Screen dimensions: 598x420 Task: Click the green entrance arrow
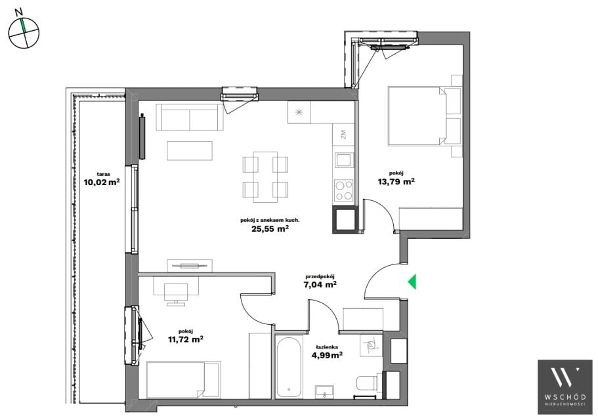point(413,282)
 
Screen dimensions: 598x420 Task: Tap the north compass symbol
point(24,33)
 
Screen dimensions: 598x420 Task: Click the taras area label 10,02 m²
point(102,182)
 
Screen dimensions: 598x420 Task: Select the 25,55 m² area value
point(270,228)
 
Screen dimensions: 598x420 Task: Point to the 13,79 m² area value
point(396,181)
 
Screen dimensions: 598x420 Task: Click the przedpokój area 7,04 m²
point(320,284)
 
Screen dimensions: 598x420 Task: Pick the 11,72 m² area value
point(185,339)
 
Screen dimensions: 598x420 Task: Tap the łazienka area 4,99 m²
point(327,355)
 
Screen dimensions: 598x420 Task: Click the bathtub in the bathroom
point(289,367)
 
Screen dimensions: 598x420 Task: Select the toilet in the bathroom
point(368,383)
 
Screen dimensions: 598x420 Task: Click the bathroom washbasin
point(324,392)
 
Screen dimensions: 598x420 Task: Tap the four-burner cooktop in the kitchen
point(343,190)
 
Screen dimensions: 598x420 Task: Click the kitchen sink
point(344,159)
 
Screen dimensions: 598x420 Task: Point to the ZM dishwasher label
point(343,135)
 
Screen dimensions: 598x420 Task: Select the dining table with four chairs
point(265,177)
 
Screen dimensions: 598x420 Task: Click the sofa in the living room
point(189,117)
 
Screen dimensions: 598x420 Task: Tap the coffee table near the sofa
point(190,150)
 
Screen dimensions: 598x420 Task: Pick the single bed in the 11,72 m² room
point(183,380)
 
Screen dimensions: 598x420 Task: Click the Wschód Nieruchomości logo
point(565,387)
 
